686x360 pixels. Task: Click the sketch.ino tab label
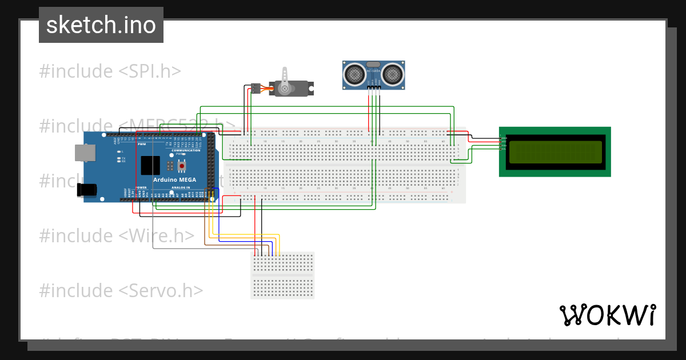pyautogui.click(x=101, y=25)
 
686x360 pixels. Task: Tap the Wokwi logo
pyautogui.click(x=607, y=315)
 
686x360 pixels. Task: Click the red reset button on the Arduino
pyautogui.click(x=182, y=166)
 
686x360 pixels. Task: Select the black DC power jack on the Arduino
pyautogui.click(x=86, y=189)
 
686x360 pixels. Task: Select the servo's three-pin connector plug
pyautogui.click(x=255, y=88)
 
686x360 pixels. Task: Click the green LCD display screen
pyautogui.click(x=555, y=152)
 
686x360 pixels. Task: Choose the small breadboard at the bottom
pyautogui.click(x=282, y=275)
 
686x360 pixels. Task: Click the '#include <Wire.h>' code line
pyautogui.click(x=117, y=235)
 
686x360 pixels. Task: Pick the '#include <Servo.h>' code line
pyautogui.click(x=121, y=290)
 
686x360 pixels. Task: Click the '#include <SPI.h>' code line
pyautogui.click(x=110, y=71)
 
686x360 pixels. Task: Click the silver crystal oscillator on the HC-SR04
pyautogui.click(x=373, y=64)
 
